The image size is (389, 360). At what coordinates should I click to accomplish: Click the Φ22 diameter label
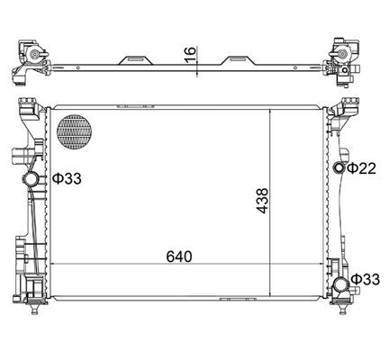[360, 168]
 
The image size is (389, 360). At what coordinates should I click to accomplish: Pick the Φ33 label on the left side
[67, 178]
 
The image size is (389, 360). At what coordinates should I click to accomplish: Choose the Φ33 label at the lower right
[366, 280]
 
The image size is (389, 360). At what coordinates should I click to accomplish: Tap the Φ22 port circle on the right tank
[339, 168]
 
